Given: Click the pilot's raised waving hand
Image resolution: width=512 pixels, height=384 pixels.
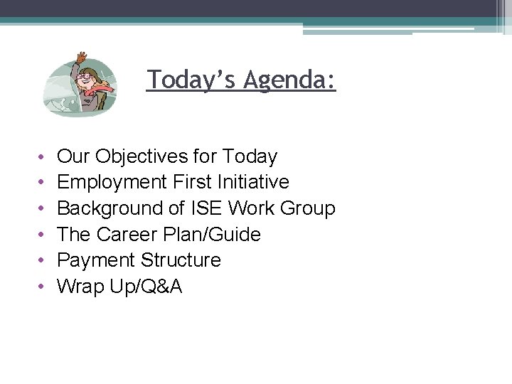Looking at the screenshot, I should click(x=82, y=57).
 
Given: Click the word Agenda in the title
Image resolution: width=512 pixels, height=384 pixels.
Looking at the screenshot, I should click(x=289, y=80).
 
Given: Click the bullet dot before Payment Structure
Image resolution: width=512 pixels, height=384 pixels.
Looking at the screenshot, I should click(x=43, y=261).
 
